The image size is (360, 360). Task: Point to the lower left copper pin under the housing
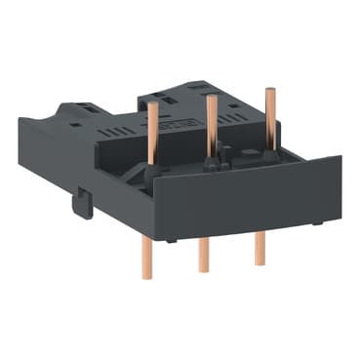click(x=145, y=255)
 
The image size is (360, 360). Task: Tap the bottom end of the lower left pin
click(x=146, y=276)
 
